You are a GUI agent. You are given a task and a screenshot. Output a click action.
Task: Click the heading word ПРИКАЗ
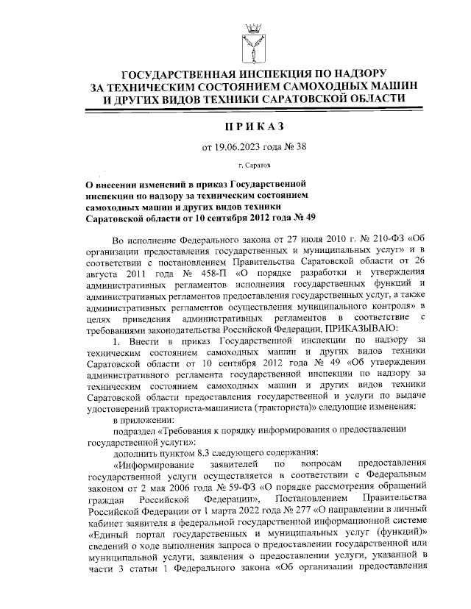click(245, 127)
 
